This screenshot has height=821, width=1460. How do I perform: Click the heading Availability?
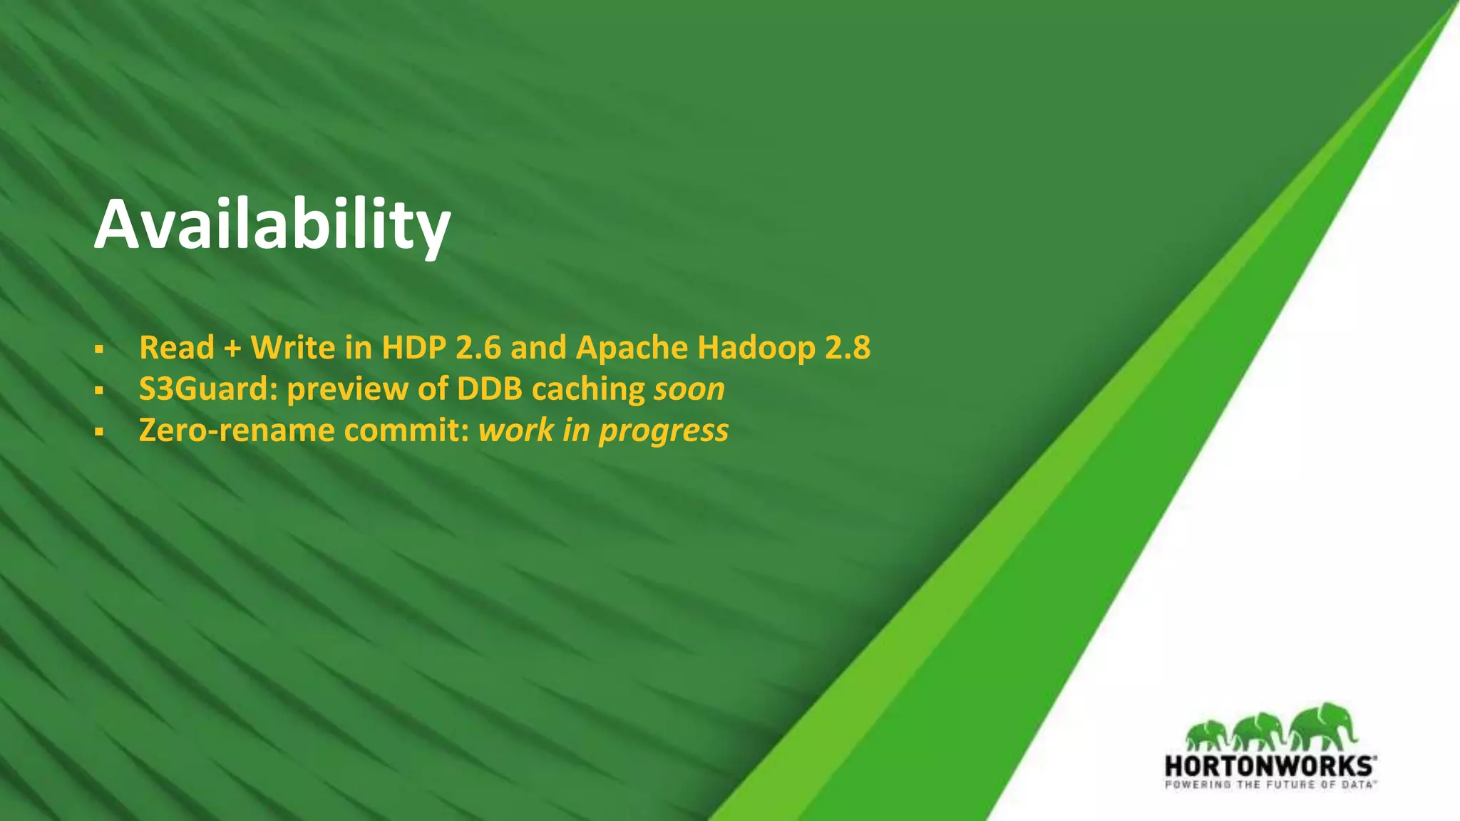pos(272,225)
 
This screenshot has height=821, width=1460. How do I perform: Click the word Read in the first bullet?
pos(177,348)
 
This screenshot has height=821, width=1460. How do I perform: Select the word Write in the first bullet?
pos(293,348)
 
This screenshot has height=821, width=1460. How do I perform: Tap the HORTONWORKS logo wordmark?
pos(1270,766)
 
